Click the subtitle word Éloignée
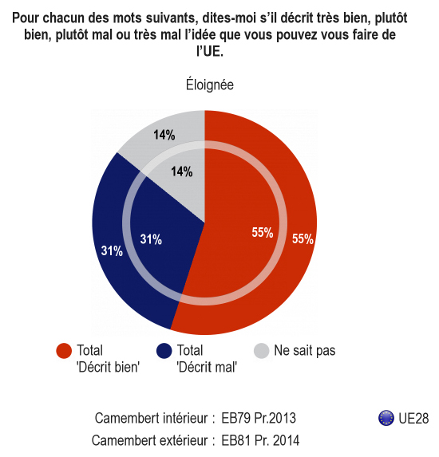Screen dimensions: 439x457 210,85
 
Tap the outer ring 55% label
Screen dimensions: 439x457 303,238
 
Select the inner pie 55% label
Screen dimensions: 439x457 263,233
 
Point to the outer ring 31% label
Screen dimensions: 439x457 112,250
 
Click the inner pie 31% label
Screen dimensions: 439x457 151,239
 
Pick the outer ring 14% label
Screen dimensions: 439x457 164,135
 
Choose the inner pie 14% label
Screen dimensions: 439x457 182,171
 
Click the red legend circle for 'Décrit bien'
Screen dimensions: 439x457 64,351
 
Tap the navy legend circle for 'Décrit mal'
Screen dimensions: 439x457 164,351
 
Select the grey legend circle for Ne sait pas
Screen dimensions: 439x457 261,351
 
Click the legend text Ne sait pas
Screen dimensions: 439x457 305,350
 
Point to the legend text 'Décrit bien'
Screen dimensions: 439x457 109,367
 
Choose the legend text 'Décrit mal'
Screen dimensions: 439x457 207,367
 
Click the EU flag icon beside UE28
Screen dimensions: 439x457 386,418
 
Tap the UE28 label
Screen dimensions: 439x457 413,418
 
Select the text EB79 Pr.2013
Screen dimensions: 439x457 259,418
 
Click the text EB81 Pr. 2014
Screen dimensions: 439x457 260,440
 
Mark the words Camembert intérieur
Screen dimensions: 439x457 151,418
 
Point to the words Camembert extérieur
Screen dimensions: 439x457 149,440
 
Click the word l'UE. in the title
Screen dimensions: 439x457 210,51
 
